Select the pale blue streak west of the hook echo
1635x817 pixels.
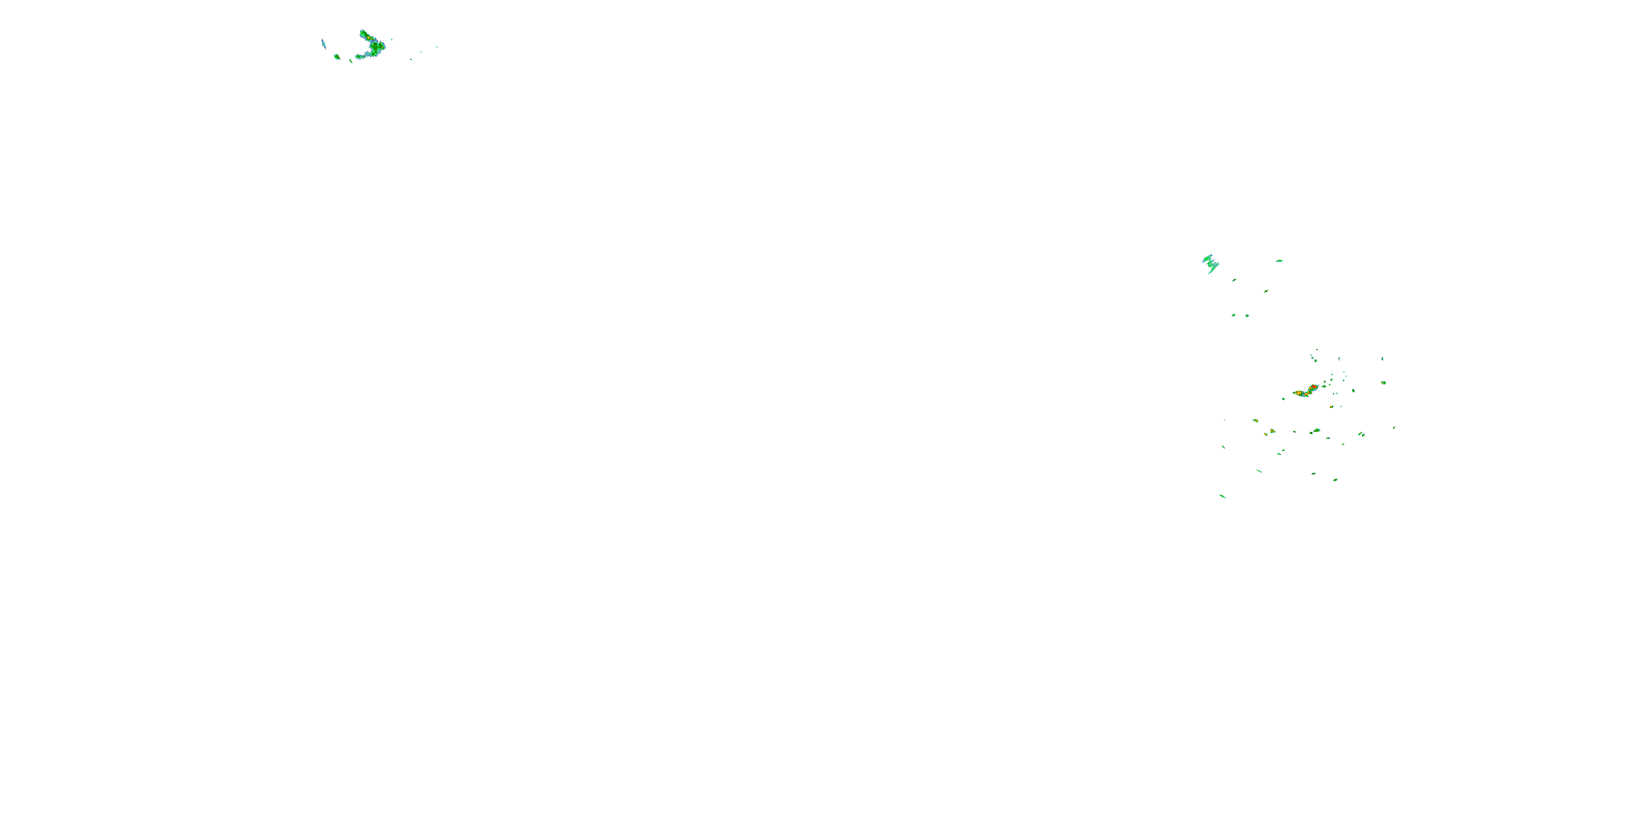324,44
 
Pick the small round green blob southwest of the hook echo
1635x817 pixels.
337,57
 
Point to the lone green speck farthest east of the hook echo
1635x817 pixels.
437,47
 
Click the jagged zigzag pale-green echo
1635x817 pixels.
1211,263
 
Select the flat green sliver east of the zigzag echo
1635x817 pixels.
1280,261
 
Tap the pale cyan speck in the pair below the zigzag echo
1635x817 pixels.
1247,315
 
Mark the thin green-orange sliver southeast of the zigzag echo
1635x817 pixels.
1265,291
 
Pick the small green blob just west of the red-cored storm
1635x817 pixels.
1283,398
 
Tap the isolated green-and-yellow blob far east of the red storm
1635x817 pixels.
1384,382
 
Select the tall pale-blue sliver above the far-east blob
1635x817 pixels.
1382,359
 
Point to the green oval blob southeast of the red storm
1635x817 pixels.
1353,391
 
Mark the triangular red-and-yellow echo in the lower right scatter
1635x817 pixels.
1272,431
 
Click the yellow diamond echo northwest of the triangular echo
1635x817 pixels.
1255,420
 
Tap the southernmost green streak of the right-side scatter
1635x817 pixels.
1222,496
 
